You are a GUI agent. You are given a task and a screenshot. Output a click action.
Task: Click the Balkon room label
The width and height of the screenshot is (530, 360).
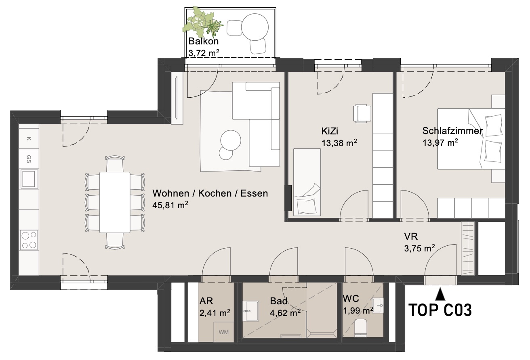[203, 41]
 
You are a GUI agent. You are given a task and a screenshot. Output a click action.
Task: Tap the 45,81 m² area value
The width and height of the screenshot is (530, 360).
[170, 205]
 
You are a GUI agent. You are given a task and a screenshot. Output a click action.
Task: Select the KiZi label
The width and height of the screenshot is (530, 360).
[330, 131]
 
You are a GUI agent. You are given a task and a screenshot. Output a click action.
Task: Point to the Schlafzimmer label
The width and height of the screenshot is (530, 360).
[452, 131]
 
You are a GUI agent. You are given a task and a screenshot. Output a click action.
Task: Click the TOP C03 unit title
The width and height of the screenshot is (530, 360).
[440, 310]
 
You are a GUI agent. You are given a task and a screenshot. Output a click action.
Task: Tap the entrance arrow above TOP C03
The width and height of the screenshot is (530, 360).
[440, 294]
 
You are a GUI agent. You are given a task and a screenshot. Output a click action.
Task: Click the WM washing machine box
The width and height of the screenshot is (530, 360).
[224, 332]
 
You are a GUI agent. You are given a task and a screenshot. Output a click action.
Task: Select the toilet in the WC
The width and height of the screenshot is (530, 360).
[361, 328]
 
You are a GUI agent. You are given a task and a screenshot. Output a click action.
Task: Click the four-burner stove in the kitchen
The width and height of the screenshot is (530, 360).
[29, 240]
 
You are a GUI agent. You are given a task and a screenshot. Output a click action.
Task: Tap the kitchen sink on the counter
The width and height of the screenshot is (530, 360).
[29, 179]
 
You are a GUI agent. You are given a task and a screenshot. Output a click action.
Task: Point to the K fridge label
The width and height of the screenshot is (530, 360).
[29, 139]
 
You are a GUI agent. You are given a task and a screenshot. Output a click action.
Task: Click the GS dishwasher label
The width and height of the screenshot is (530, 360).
[29, 159]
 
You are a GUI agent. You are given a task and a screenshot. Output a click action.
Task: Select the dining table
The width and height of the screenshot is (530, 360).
[115, 202]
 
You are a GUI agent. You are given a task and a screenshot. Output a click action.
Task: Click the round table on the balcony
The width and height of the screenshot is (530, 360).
[255, 27]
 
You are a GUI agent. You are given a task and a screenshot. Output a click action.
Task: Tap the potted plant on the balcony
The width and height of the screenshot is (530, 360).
[203, 23]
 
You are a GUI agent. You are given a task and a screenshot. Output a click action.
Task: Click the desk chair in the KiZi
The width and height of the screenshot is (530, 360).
[362, 113]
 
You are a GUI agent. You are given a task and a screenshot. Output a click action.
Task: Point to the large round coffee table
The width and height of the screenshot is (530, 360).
[231, 140]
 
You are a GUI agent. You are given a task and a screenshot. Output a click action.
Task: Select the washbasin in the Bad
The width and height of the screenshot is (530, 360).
[250, 311]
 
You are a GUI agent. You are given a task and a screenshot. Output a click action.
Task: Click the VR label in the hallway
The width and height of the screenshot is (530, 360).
[411, 237]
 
